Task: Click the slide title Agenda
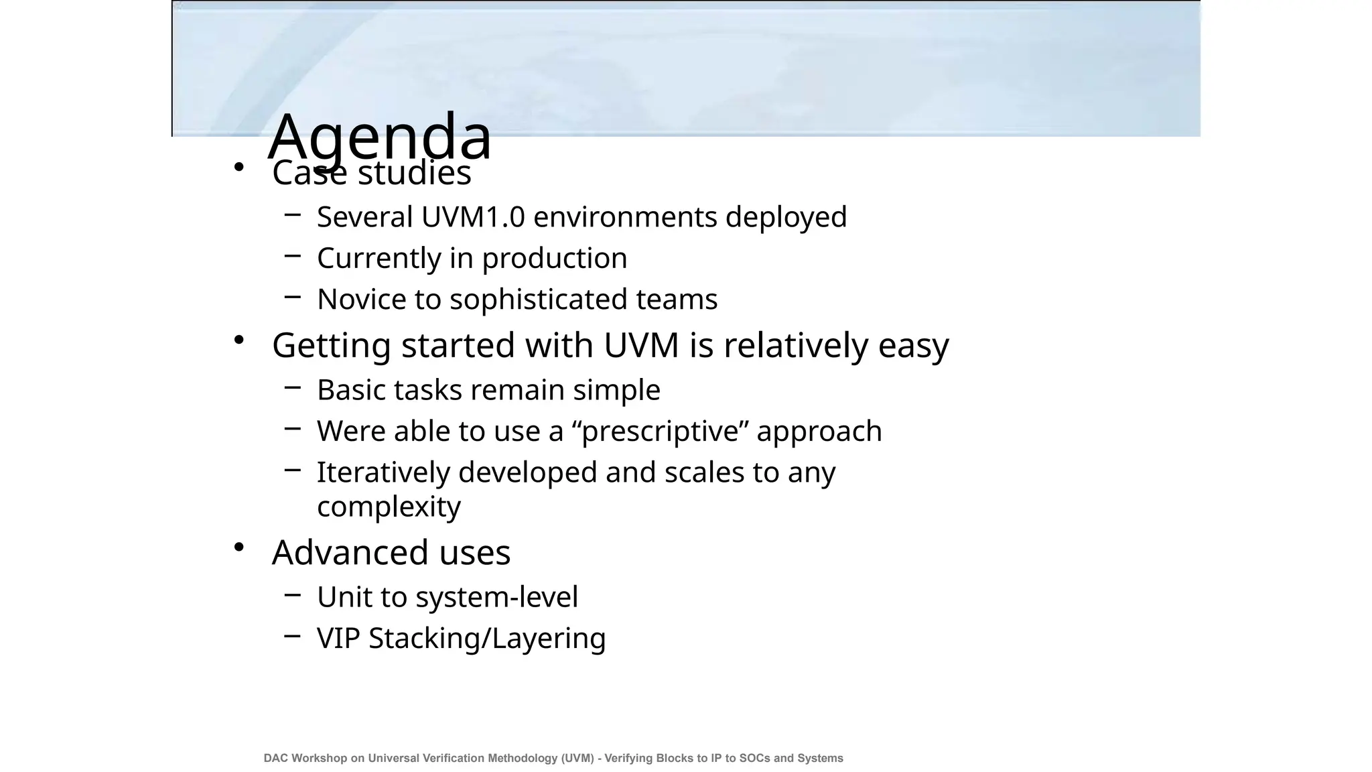point(380,136)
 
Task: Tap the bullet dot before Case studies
point(238,167)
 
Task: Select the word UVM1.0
point(473,217)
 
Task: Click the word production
point(555,259)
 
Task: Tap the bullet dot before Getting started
point(238,340)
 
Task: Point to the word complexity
point(389,507)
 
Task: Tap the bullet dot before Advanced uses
point(238,548)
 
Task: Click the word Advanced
point(350,553)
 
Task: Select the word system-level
point(496,597)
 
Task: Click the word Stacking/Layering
point(487,639)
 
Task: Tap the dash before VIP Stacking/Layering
point(292,636)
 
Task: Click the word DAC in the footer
point(276,758)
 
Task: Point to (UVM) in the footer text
point(578,758)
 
